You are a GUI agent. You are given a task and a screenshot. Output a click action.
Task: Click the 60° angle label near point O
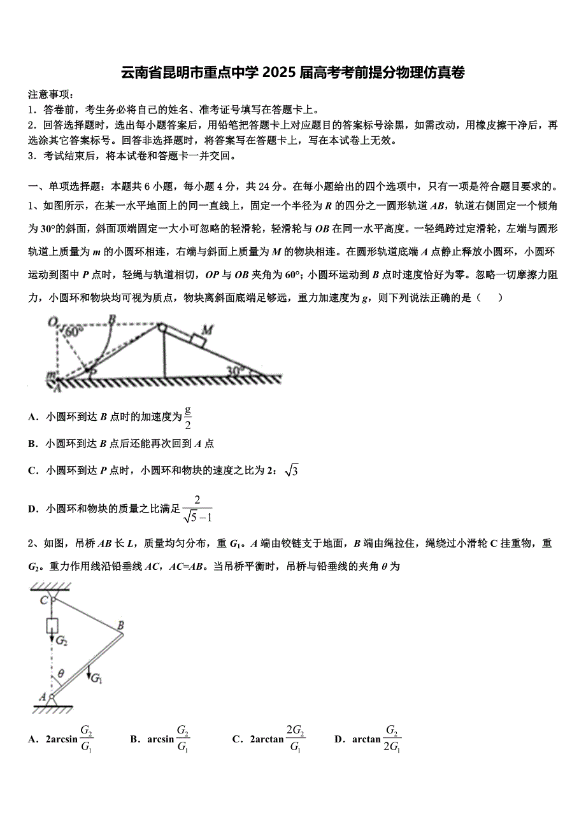(x=74, y=332)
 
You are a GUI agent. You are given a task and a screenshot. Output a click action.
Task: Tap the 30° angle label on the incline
(x=236, y=370)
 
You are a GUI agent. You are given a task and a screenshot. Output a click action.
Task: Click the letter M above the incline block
(x=207, y=329)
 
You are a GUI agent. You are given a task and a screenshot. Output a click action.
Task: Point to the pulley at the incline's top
(x=162, y=328)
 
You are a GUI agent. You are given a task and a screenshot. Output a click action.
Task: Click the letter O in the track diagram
(x=53, y=322)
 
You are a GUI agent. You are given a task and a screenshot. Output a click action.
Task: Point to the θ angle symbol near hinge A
(x=61, y=672)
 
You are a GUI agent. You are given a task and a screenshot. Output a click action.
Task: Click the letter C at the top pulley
(x=43, y=599)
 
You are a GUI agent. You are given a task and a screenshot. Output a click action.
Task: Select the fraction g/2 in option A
(x=188, y=417)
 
